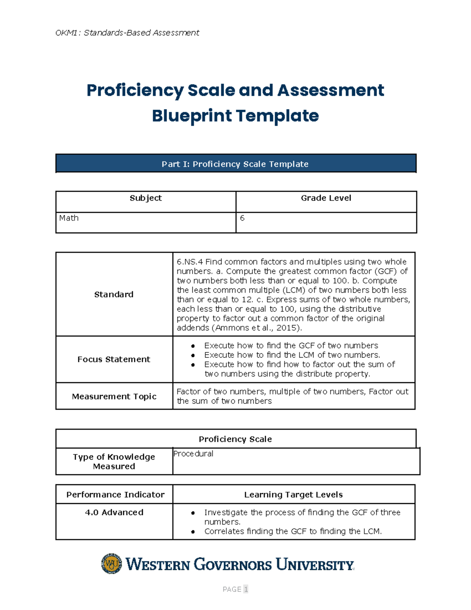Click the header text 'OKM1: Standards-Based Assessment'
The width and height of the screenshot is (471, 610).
point(127,33)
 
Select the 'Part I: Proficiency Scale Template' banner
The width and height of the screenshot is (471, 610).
point(235,164)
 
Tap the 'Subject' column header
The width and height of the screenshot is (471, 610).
point(146,198)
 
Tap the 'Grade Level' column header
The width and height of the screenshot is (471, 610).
point(326,198)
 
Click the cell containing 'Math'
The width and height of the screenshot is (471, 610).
point(69,218)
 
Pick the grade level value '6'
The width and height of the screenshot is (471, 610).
point(242,218)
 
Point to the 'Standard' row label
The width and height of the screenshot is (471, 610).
point(114,295)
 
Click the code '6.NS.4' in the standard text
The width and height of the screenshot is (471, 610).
point(190,262)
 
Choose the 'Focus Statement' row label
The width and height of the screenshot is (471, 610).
point(114,359)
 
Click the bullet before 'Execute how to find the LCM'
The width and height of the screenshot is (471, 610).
point(193,355)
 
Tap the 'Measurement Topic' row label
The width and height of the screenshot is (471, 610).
point(114,397)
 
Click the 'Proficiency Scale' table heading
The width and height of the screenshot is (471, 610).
point(235,439)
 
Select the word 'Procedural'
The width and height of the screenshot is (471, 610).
point(194,454)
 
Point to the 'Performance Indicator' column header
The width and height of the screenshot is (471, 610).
point(115,495)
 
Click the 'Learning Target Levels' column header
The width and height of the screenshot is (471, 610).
point(293,495)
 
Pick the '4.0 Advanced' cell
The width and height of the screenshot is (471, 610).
point(114,513)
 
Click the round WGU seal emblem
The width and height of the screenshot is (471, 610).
point(111,564)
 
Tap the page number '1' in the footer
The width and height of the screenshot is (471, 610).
point(246,589)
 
